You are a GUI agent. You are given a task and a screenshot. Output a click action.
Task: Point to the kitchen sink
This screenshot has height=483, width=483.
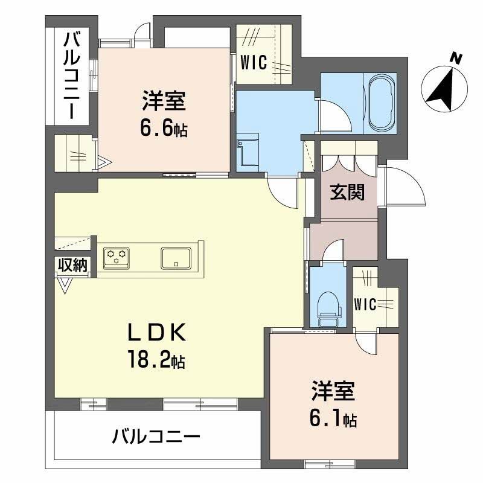[176, 257]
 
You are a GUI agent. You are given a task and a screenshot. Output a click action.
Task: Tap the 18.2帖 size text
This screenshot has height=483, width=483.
[156, 360]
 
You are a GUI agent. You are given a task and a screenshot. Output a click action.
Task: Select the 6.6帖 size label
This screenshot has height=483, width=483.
[164, 128]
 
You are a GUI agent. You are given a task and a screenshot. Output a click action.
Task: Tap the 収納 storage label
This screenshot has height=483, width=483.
[73, 264]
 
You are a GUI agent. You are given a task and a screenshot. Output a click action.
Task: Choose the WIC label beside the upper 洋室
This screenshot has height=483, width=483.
[254, 63]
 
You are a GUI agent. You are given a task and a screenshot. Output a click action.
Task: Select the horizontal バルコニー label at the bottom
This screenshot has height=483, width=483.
[156, 436]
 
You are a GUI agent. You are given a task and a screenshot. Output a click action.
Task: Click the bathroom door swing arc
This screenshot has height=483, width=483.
[334, 115]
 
